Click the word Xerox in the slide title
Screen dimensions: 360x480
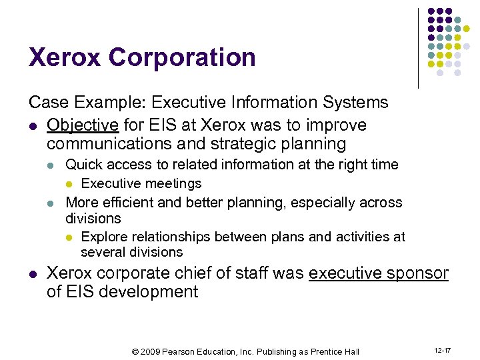65,57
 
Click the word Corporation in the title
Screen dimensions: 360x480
182,57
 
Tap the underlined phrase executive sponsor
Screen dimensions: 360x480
379,273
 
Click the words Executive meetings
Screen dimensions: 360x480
141,183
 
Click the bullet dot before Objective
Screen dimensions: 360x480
33,126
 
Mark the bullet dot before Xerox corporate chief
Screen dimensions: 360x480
33,274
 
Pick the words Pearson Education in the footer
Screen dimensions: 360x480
202,351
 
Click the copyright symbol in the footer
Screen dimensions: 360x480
135,351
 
